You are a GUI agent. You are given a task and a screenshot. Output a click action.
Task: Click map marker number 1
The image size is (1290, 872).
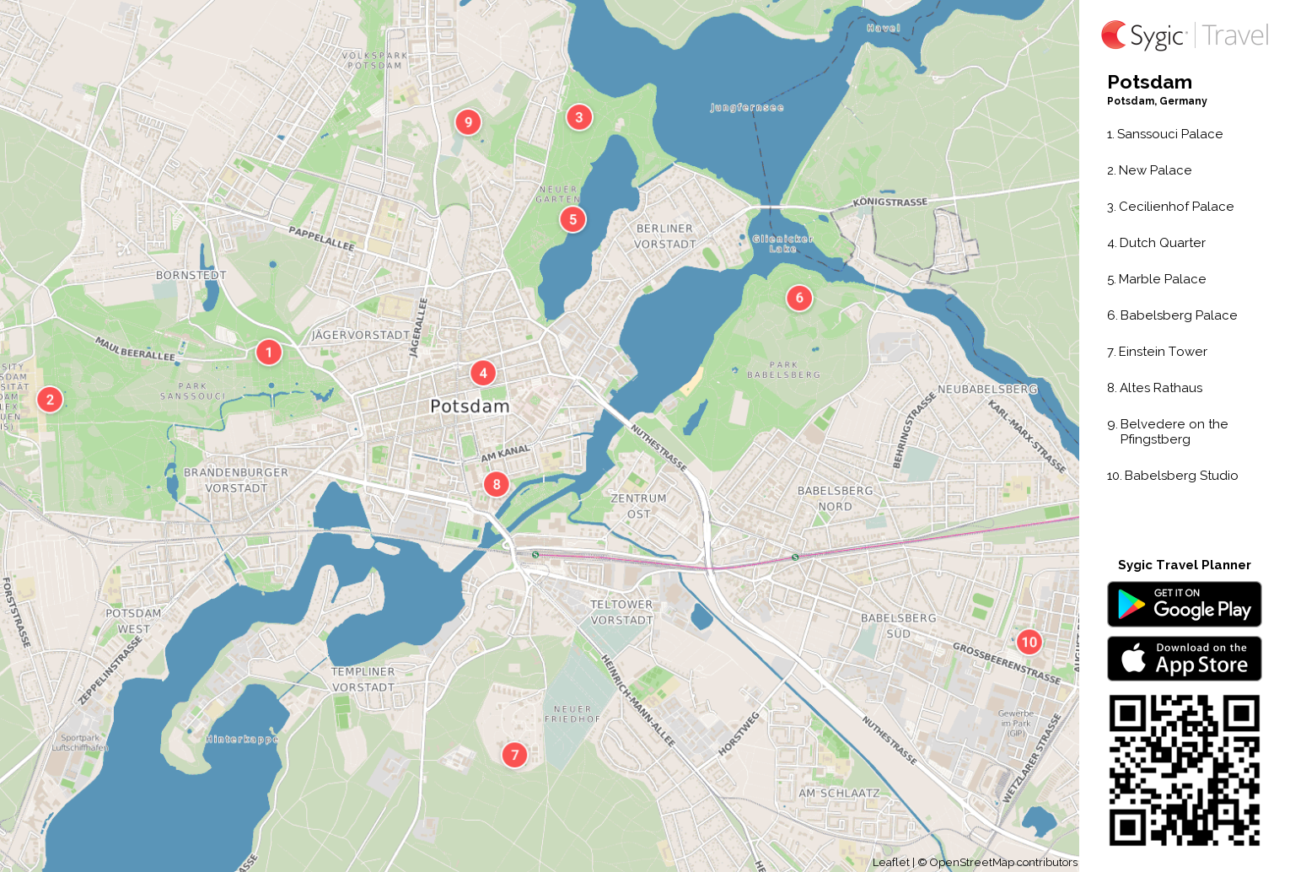click(269, 352)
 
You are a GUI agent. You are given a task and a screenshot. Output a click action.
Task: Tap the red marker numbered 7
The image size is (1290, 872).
click(514, 755)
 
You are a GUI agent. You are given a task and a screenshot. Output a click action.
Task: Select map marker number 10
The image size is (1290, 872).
click(1029, 642)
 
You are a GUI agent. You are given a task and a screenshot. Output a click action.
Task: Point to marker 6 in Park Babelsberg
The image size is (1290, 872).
click(799, 298)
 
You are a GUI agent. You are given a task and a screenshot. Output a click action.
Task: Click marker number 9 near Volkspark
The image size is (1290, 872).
click(468, 121)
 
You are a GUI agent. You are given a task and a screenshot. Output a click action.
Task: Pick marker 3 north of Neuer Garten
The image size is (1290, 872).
click(578, 117)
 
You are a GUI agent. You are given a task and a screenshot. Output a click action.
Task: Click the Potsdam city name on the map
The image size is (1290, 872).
click(470, 406)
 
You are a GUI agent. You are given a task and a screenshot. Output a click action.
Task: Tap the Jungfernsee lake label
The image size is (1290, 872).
click(747, 108)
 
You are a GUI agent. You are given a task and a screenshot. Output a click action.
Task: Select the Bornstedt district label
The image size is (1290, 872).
click(191, 275)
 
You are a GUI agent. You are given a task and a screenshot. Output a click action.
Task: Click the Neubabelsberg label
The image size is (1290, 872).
click(987, 390)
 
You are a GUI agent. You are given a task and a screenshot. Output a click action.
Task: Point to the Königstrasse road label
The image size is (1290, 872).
click(890, 202)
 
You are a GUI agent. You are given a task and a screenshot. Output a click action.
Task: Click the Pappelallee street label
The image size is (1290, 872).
click(321, 238)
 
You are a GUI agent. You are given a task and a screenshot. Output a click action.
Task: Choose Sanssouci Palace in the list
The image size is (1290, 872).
click(1169, 134)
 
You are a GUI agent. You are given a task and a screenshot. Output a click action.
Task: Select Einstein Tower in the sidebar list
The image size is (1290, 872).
click(1163, 352)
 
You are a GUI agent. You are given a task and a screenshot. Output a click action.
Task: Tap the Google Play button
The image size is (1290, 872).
click(1184, 605)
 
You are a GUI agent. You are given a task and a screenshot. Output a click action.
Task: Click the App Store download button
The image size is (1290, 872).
click(1184, 659)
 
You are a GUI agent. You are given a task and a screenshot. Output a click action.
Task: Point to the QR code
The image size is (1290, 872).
click(1184, 770)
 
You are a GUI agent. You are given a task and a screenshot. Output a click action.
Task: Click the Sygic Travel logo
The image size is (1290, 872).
click(1184, 35)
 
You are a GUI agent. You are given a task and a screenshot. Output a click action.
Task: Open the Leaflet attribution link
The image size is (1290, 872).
click(890, 862)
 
